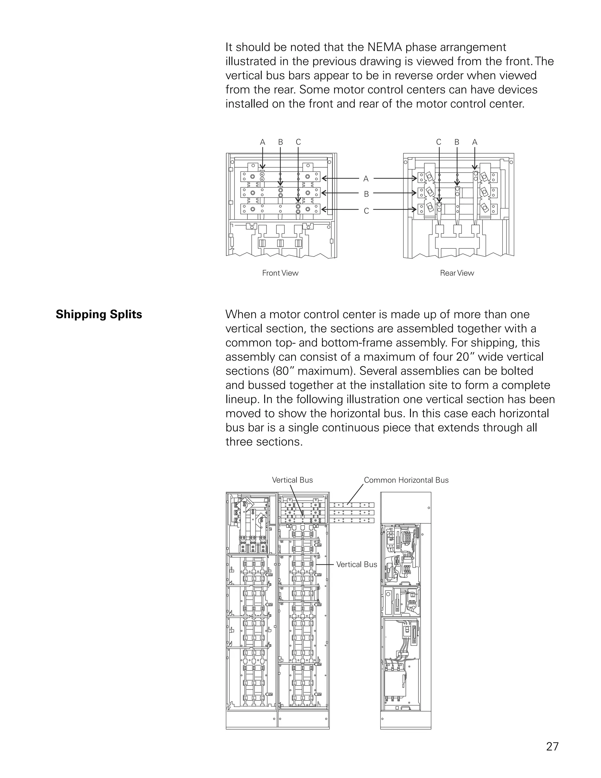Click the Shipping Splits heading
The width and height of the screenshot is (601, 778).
[99, 314]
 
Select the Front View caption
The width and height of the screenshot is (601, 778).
[280, 273]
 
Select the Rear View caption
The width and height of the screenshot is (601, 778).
[457, 273]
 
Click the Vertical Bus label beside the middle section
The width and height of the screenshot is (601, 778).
[356, 564]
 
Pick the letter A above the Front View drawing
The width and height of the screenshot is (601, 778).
[262, 142]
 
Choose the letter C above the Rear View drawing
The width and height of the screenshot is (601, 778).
[439, 142]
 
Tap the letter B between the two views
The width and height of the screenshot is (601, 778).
[366, 194]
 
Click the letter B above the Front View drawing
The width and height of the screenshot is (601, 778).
[281, 142]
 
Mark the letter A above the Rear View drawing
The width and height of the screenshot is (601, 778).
[475, 142]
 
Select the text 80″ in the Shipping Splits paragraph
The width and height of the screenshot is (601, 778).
[285, 371]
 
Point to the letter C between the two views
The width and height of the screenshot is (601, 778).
[366, 211]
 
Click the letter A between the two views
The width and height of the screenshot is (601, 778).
[366, 179]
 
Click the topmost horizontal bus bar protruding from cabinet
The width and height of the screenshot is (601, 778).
[352, 505]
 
